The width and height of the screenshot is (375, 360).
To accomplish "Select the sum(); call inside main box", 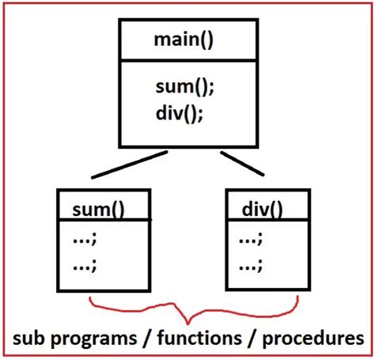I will click(x=185, y=86).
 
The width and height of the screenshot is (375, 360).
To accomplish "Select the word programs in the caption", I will click(x=100, y=340).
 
